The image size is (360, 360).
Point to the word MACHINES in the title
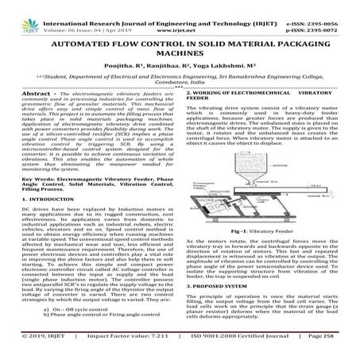[x=180, y=48]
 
